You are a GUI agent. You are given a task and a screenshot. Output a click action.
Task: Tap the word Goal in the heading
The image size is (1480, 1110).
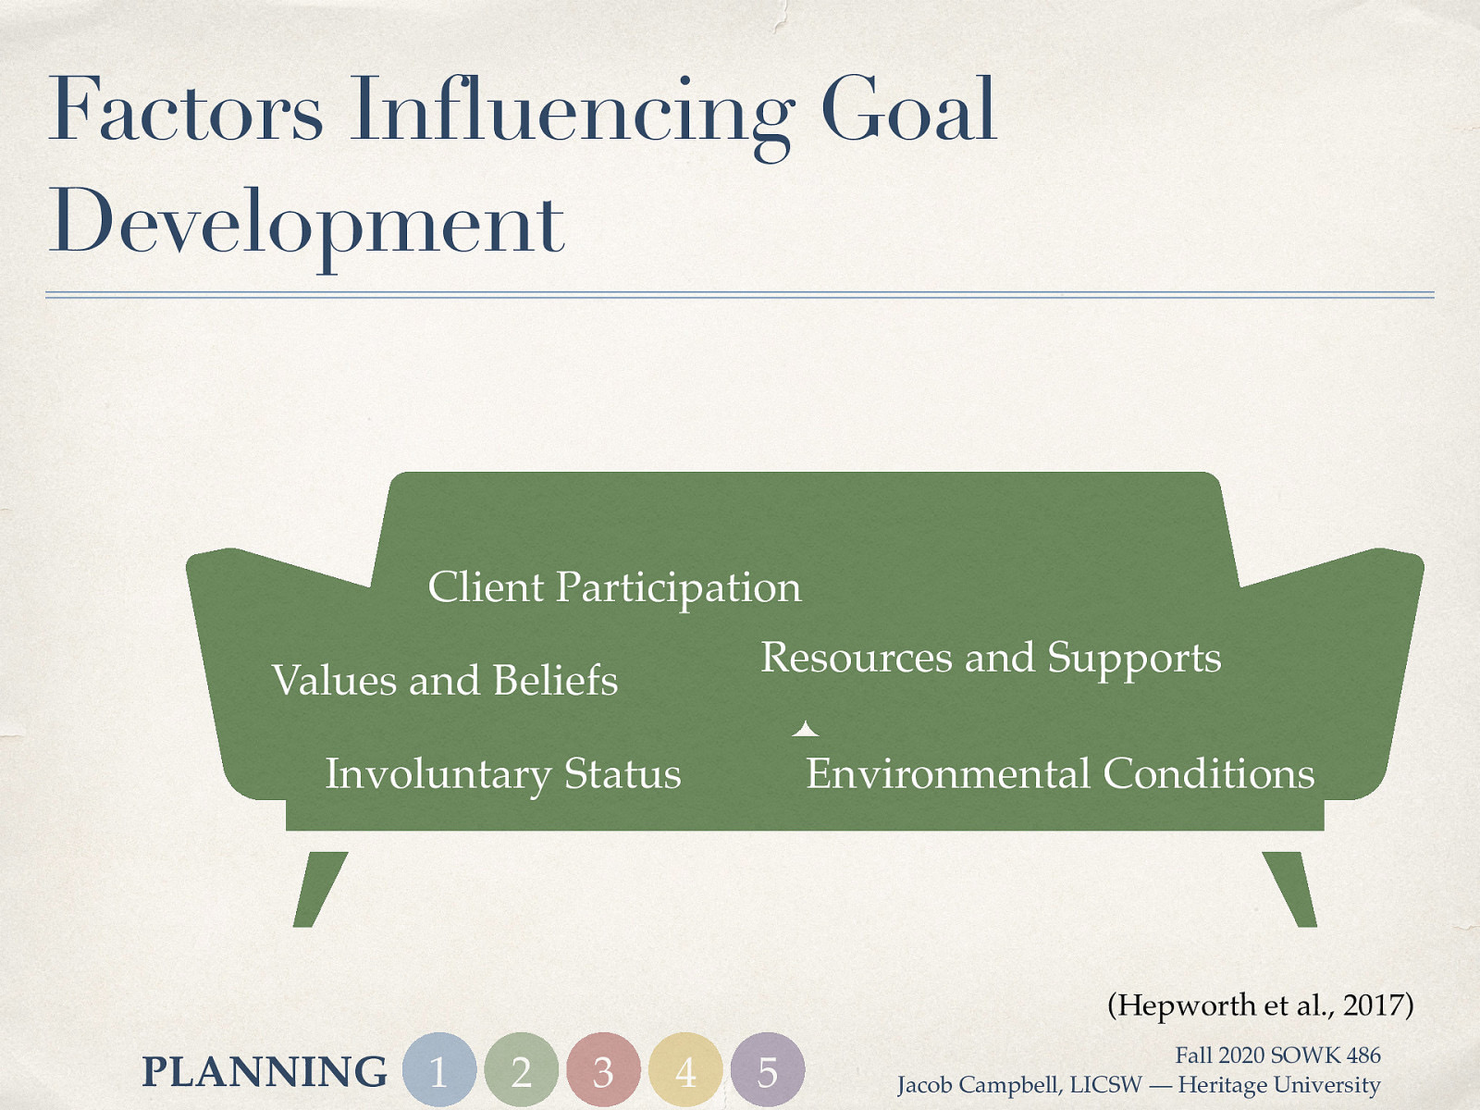(x=908, y=111)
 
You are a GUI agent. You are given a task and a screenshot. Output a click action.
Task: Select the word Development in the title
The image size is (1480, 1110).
(x=306, y=223)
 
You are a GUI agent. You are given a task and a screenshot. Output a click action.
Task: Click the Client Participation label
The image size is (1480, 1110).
(x=614, y=587)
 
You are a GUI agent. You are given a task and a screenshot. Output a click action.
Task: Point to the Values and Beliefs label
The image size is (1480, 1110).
(x=445, y=681)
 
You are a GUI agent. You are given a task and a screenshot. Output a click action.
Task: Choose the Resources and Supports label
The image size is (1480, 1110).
(x=991, y=659)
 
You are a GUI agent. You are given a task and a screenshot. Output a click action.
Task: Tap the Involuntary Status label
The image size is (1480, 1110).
(x=502, y=774)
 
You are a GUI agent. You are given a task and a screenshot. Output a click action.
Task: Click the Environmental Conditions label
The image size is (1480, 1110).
(x=1060, y=774)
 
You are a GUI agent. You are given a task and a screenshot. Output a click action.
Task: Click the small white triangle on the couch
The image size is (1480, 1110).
(x=806, y=730)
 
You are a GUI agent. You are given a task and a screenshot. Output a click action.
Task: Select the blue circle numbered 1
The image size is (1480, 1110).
(x=439, y=1070)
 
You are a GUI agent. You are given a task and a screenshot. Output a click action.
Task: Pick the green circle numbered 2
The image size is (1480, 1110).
(x=522, y=1070)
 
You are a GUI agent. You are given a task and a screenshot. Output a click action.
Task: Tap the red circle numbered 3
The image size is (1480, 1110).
(x=603, y=1070)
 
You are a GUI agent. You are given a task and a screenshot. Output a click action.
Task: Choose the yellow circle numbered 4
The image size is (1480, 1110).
(x=685, y=1070)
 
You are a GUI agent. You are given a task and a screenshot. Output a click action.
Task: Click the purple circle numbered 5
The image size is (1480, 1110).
(x=767, y=1070)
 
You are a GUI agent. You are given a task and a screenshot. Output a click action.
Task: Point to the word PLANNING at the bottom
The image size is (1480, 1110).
(x=265, y=1072)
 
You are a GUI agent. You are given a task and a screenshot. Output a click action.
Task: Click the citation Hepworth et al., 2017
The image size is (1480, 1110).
(x=1260, y=1005)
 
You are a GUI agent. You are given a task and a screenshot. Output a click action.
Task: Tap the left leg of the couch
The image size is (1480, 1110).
(x=317, y=889)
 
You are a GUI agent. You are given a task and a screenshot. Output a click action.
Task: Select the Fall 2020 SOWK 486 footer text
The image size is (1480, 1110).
(x=1277, y=1055)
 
